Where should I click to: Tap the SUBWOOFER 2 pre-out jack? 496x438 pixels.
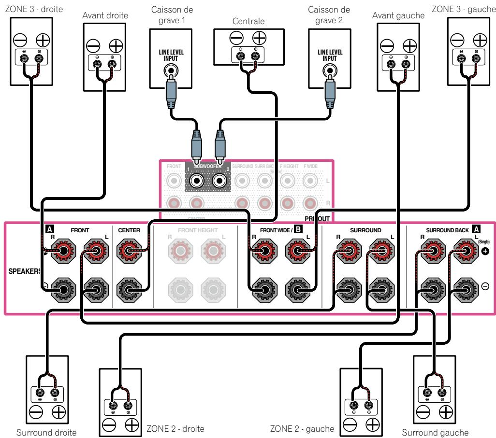[220, 181]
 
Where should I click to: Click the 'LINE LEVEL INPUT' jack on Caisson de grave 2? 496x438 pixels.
[330, 71]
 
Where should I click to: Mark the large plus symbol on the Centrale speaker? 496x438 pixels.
[260, 38]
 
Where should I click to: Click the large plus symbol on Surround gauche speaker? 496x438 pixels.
[445, 411]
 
